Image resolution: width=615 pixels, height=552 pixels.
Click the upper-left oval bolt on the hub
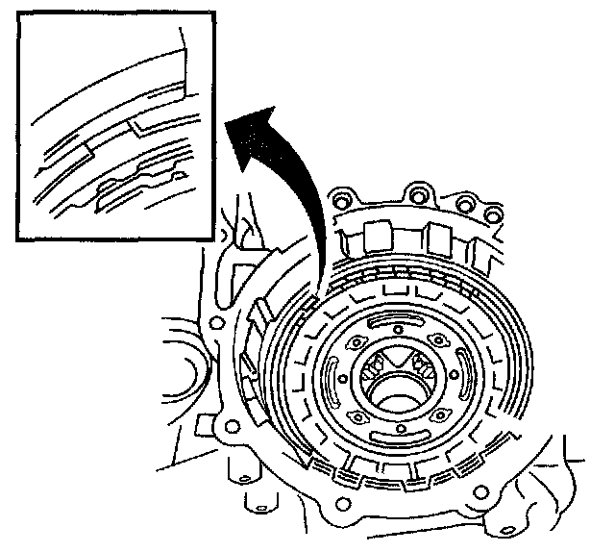[x=355, y=342]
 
